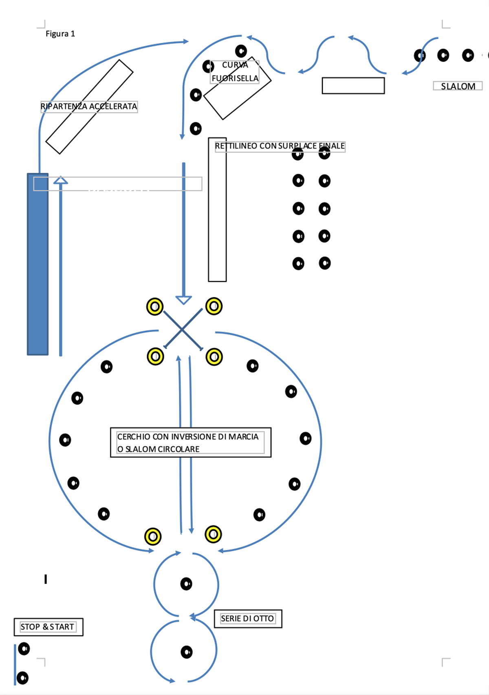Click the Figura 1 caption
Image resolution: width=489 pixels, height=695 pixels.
click(60, 34)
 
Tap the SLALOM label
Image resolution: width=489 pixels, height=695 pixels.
click(458, 86)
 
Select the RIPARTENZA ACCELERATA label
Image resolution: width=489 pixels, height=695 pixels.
click(89, 106)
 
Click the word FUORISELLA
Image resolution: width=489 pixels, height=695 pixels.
click(235, 78)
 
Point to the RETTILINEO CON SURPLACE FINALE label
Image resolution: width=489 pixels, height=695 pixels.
click(280, 146)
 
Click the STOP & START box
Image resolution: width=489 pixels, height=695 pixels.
click(48, 627)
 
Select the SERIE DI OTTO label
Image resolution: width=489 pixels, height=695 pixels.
click(248, 618)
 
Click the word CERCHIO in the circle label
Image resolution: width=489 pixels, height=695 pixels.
click(134, 437)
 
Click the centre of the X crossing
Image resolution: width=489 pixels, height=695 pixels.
click(183, 329)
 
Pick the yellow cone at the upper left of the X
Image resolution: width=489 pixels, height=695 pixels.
click(155, 307)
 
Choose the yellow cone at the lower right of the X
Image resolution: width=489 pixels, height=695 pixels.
click(214, 357)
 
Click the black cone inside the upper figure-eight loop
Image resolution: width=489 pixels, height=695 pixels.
click(186, 584)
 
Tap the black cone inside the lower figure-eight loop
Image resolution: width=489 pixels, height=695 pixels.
click(187, 652)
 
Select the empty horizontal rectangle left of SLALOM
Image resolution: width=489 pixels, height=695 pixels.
click(353, 86)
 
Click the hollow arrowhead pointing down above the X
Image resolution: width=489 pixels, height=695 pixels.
click(183, 300)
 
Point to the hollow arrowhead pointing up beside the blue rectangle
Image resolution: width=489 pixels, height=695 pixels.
click(61, 180)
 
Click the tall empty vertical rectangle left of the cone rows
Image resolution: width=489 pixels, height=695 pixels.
click(217, 209)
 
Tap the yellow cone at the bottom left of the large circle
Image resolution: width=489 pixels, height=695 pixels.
click(153, 536)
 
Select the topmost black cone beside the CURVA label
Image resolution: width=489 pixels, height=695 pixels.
click(241, 51)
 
